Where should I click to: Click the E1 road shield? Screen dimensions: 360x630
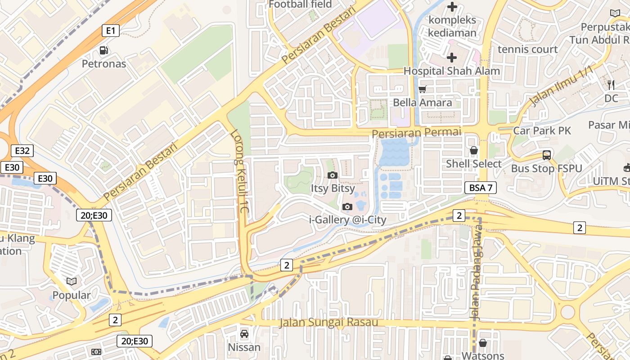(111, 31)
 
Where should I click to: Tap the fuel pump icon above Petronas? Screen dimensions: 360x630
(104, 50)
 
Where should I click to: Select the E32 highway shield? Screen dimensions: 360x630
(22, 151)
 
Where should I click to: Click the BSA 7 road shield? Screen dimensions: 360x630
(481, 188)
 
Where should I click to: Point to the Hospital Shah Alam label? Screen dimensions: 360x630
(451, 71)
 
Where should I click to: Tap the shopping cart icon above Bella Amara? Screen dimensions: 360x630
(422, 89)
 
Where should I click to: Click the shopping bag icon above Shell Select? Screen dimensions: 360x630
(473, 150)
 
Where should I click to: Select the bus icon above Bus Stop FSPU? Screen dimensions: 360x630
(546, 155)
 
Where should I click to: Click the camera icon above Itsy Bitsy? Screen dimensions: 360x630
(333, 175)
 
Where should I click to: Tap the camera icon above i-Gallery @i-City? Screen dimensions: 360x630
(347, 207)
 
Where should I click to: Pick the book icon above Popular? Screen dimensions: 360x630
(72, 282)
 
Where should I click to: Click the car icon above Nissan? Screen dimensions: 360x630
(244, 334)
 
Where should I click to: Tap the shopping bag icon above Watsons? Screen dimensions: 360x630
(482, 343)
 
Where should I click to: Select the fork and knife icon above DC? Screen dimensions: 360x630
(611, 85)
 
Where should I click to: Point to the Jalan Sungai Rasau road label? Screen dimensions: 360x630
(328, 323)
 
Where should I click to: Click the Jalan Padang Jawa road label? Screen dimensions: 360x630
(476, 279)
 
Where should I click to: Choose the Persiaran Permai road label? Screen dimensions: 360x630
(417, 133)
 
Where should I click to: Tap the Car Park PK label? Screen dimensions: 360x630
(542, 131)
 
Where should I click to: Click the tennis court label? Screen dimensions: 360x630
(527, 49)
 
